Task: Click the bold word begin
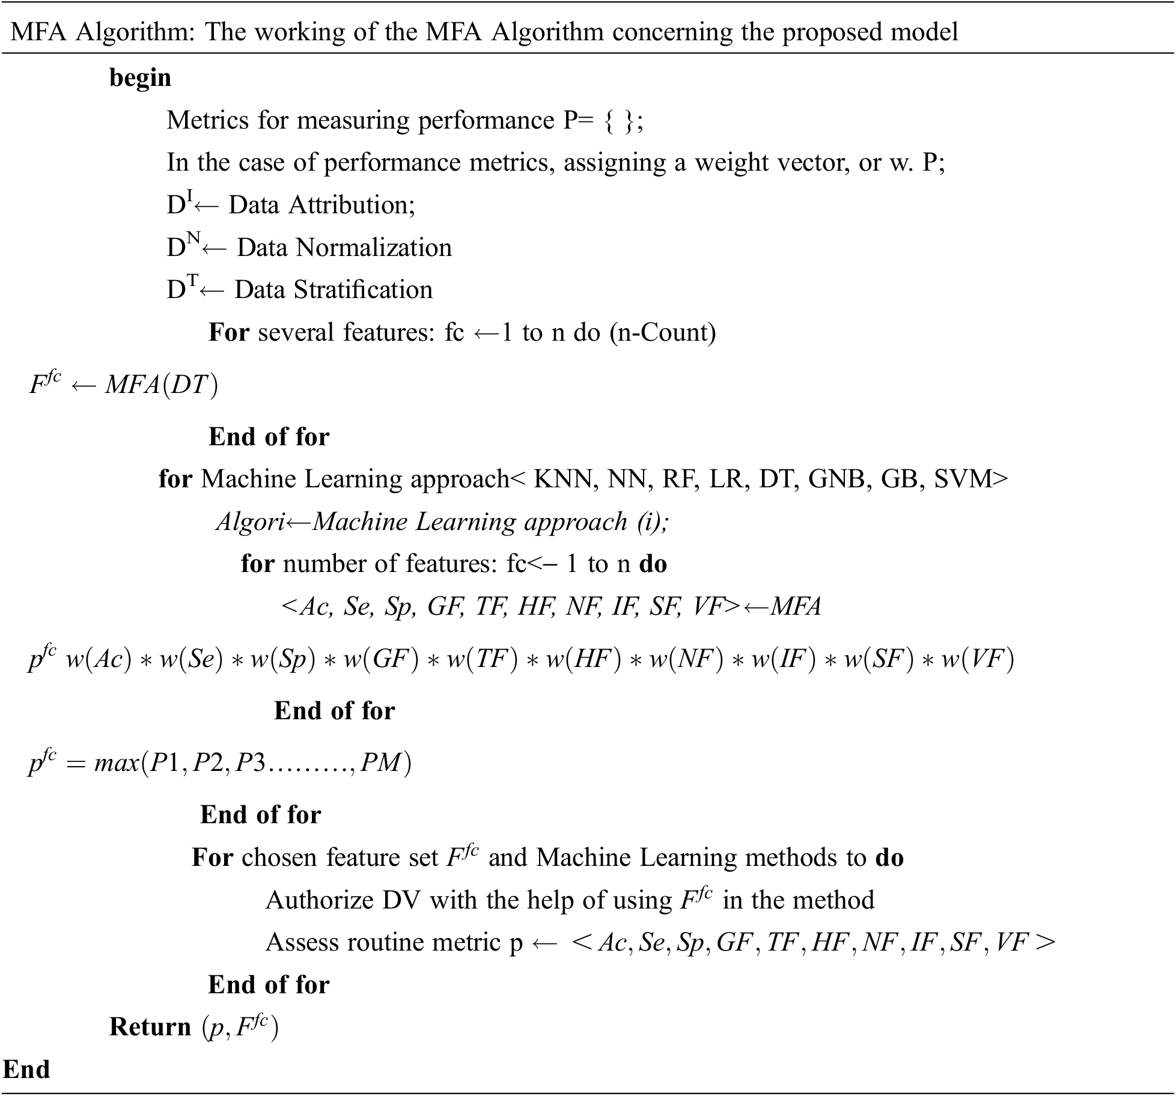tap(140, 78)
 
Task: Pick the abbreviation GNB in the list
tap(836, 479)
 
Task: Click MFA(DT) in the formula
tap(161, 385)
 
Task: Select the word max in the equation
tap(117, 763)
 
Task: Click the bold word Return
tap(150, 1027)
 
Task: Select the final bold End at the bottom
tap(26, 1070)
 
